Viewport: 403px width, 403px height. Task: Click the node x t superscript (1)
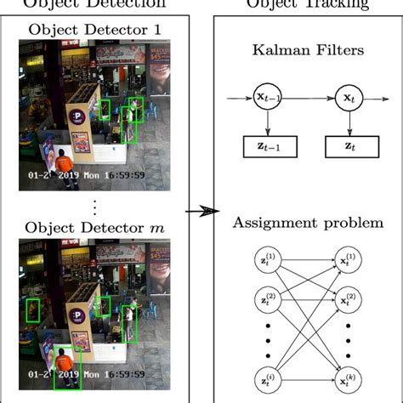pyautogui.click(x=348, y=260)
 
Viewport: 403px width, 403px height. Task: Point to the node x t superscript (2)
pyautogui.click(x=348, y=299)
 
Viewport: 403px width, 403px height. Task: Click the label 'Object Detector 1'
pyautogui.click(x=96, y=29)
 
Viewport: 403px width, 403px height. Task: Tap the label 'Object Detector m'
pyautogui.click(x=95, y=227)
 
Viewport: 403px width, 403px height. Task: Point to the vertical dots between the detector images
pyautogui.click(x=95, y=206)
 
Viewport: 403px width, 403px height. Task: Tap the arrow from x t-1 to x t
pyautogui.click(x=309, y=98)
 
